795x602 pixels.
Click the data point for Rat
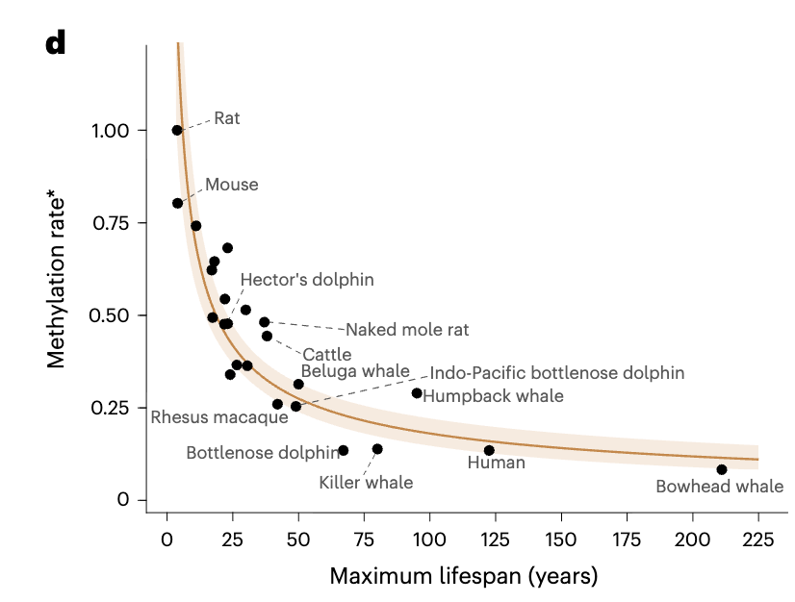tap(177, 130)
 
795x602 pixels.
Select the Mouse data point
tap(177, 203)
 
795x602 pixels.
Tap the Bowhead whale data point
tap(722, 469)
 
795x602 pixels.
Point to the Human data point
tap(489, 450)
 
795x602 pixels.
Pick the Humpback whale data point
tap(417, 392)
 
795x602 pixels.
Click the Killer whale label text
tap(366, 483)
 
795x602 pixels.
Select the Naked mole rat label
tap(407, 330)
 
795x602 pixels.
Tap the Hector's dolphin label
tap(307, 280)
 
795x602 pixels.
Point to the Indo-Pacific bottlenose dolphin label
tap(557, 372)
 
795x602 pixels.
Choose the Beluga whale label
tap(355, 370)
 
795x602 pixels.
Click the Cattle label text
tap(327, 355)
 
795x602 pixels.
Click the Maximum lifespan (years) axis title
tap(463, 576)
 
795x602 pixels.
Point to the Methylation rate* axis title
tap(57, 280)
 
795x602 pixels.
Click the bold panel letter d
tap(55, 43)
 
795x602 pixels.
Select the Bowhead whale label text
tap(719, 487)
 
